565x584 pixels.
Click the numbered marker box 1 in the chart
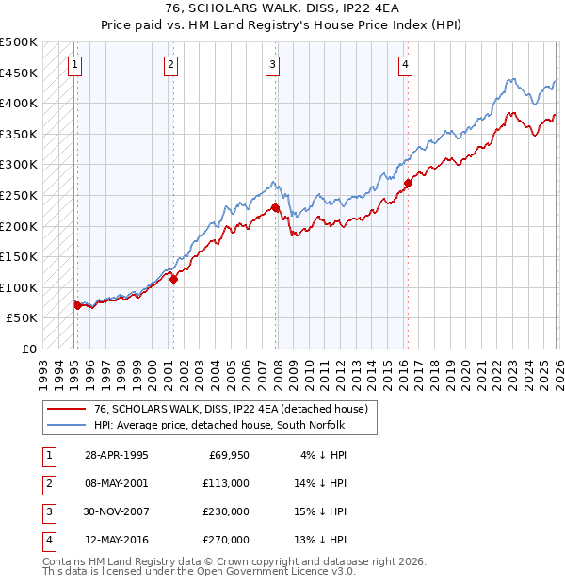[74, 65]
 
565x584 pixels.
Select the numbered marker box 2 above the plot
[169, 65]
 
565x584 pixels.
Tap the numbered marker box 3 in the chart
[271, 65]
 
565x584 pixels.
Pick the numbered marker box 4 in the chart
[405, 65]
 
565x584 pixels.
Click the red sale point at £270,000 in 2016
[408, 183]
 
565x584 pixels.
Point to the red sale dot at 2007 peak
[275, 207]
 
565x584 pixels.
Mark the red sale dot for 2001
[173, 279]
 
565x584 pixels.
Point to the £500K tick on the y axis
[19, 42]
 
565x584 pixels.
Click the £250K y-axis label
[19, 195]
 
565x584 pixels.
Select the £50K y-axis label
[23, 318]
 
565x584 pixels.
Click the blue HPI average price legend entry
[219, 426]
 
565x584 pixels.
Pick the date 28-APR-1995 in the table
[116, 455]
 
